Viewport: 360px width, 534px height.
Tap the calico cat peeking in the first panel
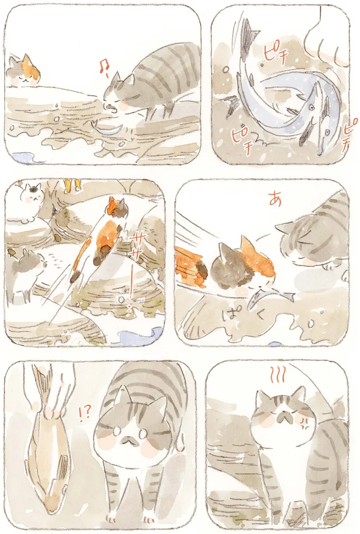[x=23, y=71]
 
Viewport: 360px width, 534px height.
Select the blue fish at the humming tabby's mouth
[x=108, y=126]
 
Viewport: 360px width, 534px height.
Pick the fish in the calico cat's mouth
[x=270, y=298]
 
